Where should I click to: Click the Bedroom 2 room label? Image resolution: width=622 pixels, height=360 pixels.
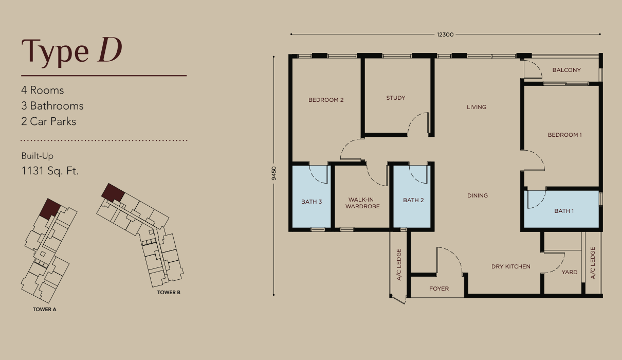(326, 100)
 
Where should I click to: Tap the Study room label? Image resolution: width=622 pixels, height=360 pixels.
(396, 98)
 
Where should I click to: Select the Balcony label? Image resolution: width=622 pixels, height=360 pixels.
(566, 70)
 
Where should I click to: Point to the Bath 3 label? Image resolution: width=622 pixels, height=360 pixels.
(312, 202)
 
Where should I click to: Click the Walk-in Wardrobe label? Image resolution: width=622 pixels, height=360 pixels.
(362, 203)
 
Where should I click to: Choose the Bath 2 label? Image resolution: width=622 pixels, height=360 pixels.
(413, 200)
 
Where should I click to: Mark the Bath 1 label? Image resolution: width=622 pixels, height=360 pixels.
(564, 211)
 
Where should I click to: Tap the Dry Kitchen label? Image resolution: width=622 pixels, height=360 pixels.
(511, 266)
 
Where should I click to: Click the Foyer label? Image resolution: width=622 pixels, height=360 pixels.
(439, 289)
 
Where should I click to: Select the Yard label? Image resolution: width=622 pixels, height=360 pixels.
(570, 272)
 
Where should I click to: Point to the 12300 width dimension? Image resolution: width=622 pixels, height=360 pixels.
(445, 34)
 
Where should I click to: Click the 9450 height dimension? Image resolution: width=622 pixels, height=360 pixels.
(274, 173)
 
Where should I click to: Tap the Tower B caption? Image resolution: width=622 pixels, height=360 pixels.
(169, 292)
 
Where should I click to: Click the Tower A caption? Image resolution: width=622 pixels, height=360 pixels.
(44, 309)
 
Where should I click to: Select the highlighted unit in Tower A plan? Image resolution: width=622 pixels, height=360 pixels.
(50, 208)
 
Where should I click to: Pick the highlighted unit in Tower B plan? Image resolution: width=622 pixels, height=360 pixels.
(113, 192)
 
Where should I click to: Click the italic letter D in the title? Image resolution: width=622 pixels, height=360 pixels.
(110, 50)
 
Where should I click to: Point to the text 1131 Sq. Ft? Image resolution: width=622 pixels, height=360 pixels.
(50, 171)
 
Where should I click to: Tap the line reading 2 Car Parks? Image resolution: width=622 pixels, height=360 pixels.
(49, 121)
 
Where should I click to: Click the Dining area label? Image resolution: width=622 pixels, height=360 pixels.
(478, 195)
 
